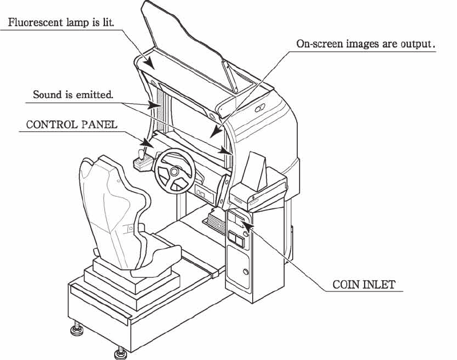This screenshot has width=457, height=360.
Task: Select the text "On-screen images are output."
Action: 366,44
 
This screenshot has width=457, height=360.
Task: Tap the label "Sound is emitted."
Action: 73,95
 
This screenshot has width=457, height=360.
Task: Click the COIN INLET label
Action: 364,284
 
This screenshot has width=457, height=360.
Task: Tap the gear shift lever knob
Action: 141,153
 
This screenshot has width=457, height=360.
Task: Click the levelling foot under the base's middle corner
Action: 120,353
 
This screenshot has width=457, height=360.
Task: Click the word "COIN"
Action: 346,284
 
